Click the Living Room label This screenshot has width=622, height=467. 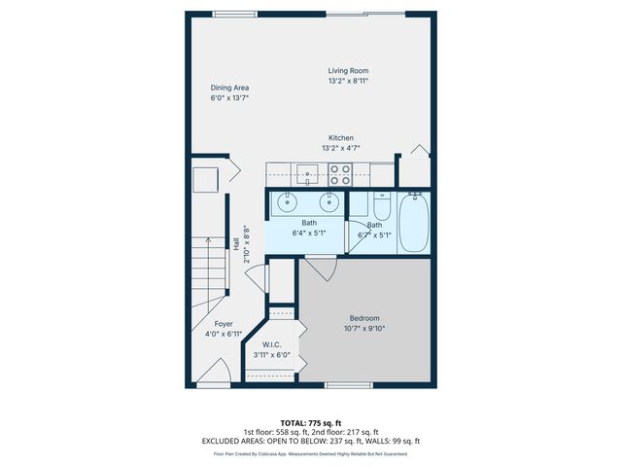pos(347,70)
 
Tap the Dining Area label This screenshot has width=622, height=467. pos(229,88)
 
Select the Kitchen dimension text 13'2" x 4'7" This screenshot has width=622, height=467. pos(340,149)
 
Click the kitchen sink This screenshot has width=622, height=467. pos(308,174)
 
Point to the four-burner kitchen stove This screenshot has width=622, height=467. pos(340,174)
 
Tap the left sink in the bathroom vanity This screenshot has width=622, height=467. pos(288,202)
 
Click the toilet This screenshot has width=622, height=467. pos(380,208)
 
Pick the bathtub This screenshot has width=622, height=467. pos(413,222)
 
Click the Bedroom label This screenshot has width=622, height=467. pos(364,318)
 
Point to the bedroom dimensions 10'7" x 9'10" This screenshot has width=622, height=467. pos(364,329)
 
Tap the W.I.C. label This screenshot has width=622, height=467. pos(272,344)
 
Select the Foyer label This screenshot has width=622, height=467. pos(224,324)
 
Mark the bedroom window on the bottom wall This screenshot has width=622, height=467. pos(356,385)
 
